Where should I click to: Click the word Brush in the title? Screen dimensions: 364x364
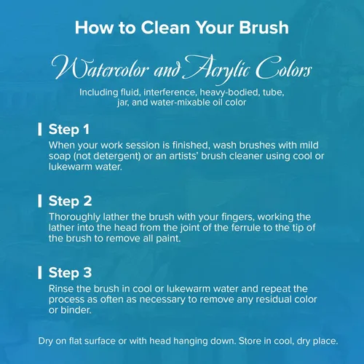pyautogui.click(x=264, y=28)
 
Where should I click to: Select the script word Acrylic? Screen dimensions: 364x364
pyautogui.click(x=217, y=69)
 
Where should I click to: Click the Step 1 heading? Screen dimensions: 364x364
pyautogui.click(x=69, y=129)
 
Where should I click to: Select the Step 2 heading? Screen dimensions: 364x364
pyautogui.click(x=70, y=201)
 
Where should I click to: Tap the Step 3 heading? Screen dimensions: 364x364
pyautogui.click(x=70, y=273)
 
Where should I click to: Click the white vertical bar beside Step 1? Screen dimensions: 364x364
pyautogui.click(x=40, y=129)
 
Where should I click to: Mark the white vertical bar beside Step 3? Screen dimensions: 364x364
pyautogui.click(x=40, y=272)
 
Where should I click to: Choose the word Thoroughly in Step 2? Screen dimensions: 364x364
pyautogui.click(x=74, y=217)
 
